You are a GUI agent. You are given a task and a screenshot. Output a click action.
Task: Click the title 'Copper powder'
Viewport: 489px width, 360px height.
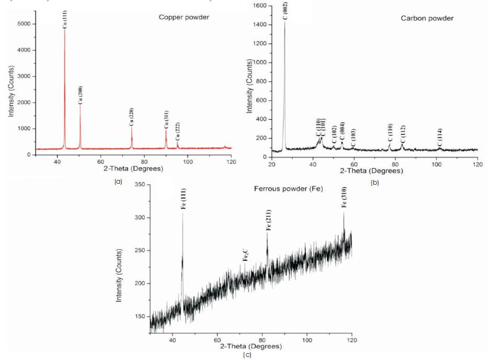click(184, 17)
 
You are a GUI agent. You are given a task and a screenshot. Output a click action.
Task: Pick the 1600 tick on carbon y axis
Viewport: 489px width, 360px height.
click(259, 6)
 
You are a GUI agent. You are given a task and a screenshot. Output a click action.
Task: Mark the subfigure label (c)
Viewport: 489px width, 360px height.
click(247, 355)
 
